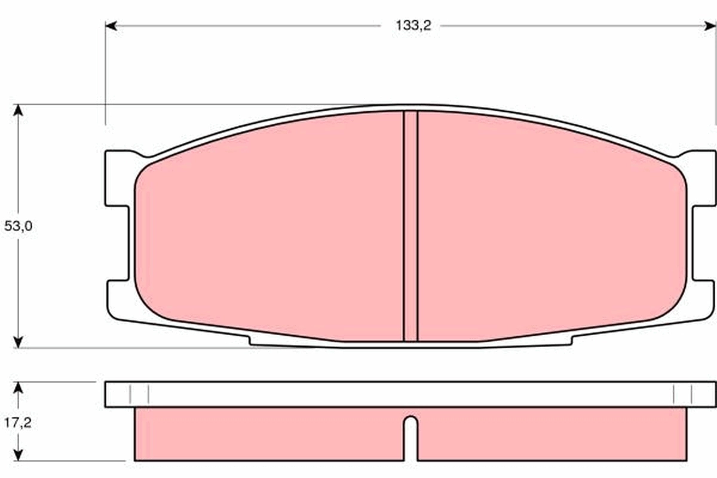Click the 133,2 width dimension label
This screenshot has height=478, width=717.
413,26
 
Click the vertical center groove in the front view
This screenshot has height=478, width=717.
410,227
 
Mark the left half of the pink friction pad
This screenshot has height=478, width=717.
269,227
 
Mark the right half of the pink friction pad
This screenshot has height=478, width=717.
550,227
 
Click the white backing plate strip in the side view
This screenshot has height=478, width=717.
410,394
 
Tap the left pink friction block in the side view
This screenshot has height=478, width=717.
269,434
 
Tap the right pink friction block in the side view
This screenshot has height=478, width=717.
550,434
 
